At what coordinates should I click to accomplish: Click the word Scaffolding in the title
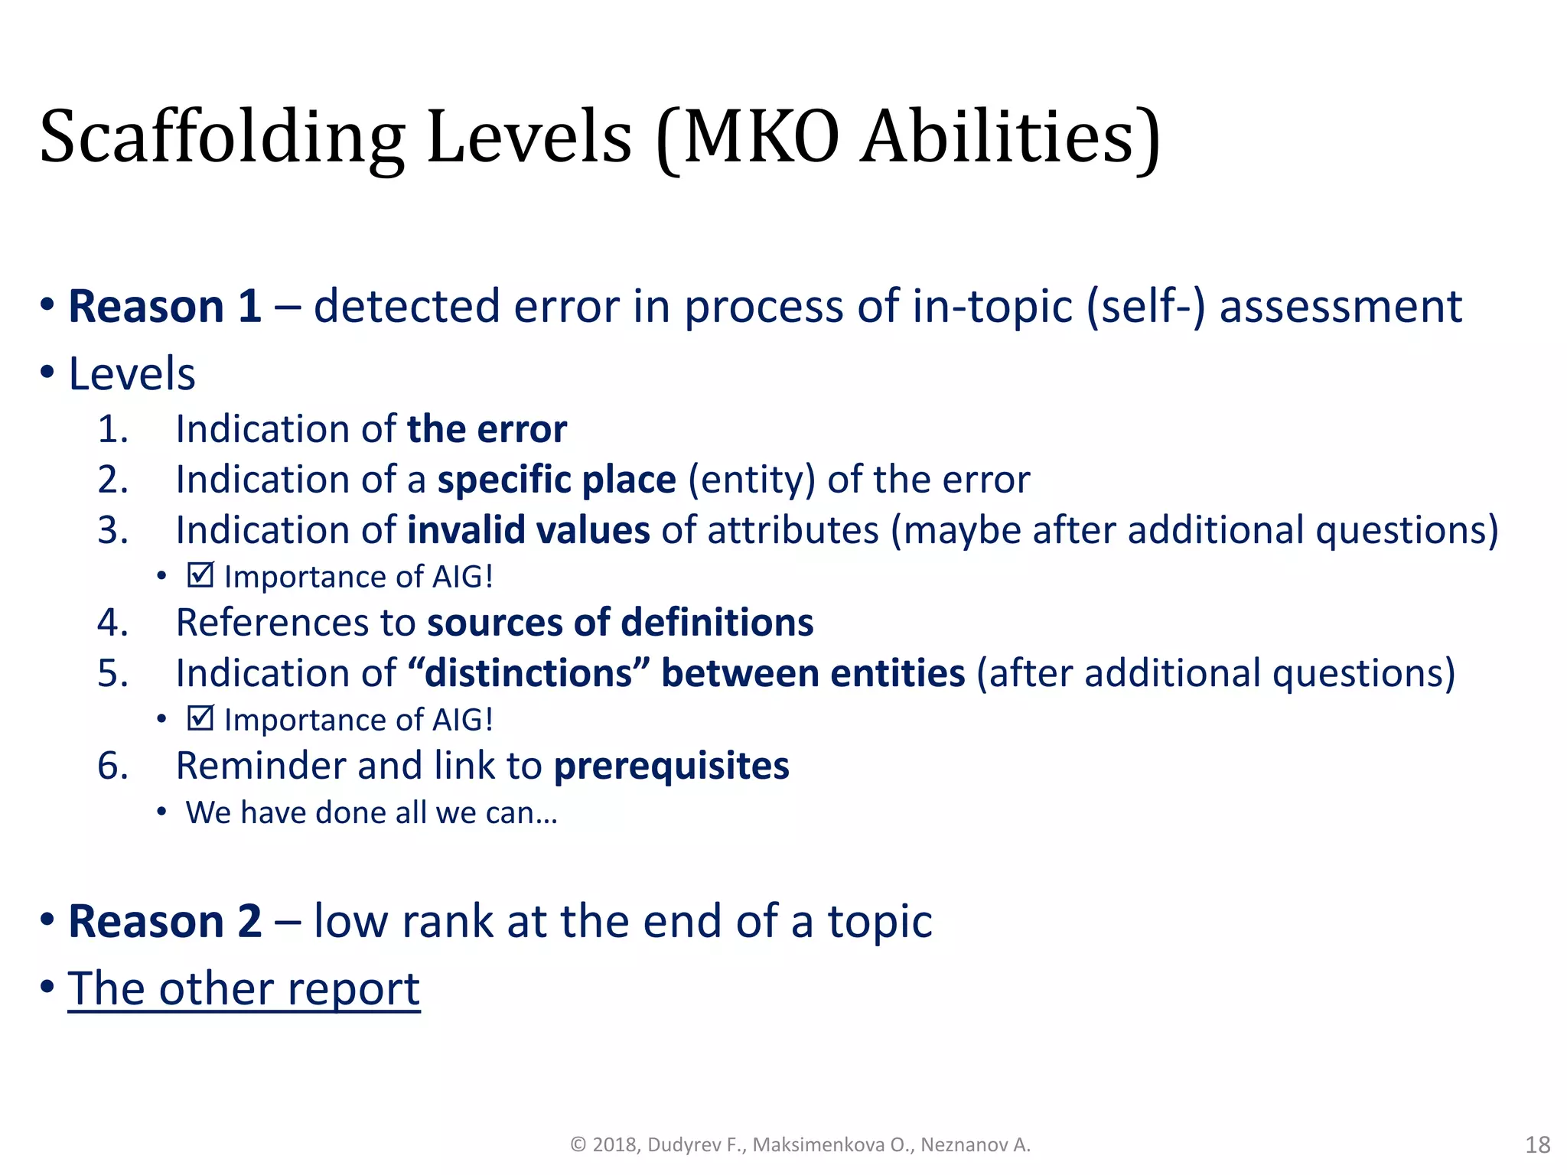pos(222,138)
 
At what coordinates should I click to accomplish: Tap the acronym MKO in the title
pos(761,138)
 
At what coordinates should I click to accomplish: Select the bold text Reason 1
pos(165,306)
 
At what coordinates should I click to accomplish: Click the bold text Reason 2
pos(165,921)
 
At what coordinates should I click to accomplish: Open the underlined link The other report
pos(243,988)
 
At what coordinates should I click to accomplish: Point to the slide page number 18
pos(1537,1144)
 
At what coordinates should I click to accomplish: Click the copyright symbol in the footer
pos(578,1144)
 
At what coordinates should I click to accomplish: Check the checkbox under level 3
pos(200,575)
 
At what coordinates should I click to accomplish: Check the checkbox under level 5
pos(200,718)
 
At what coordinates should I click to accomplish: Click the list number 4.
pos(112,622)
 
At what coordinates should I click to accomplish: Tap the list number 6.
pos(112,766)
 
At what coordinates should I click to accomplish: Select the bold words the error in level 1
pos(487,429)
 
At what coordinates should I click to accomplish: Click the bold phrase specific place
pos(556,480)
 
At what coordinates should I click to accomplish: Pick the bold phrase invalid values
pos(528,530)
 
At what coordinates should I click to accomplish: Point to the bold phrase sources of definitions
pos(620,622)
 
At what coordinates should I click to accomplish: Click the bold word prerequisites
pos(671,766)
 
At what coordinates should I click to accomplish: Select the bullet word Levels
pos(132,374)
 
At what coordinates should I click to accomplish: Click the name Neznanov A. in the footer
pos(975,1144)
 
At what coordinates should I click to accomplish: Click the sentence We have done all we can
pos(371,812)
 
